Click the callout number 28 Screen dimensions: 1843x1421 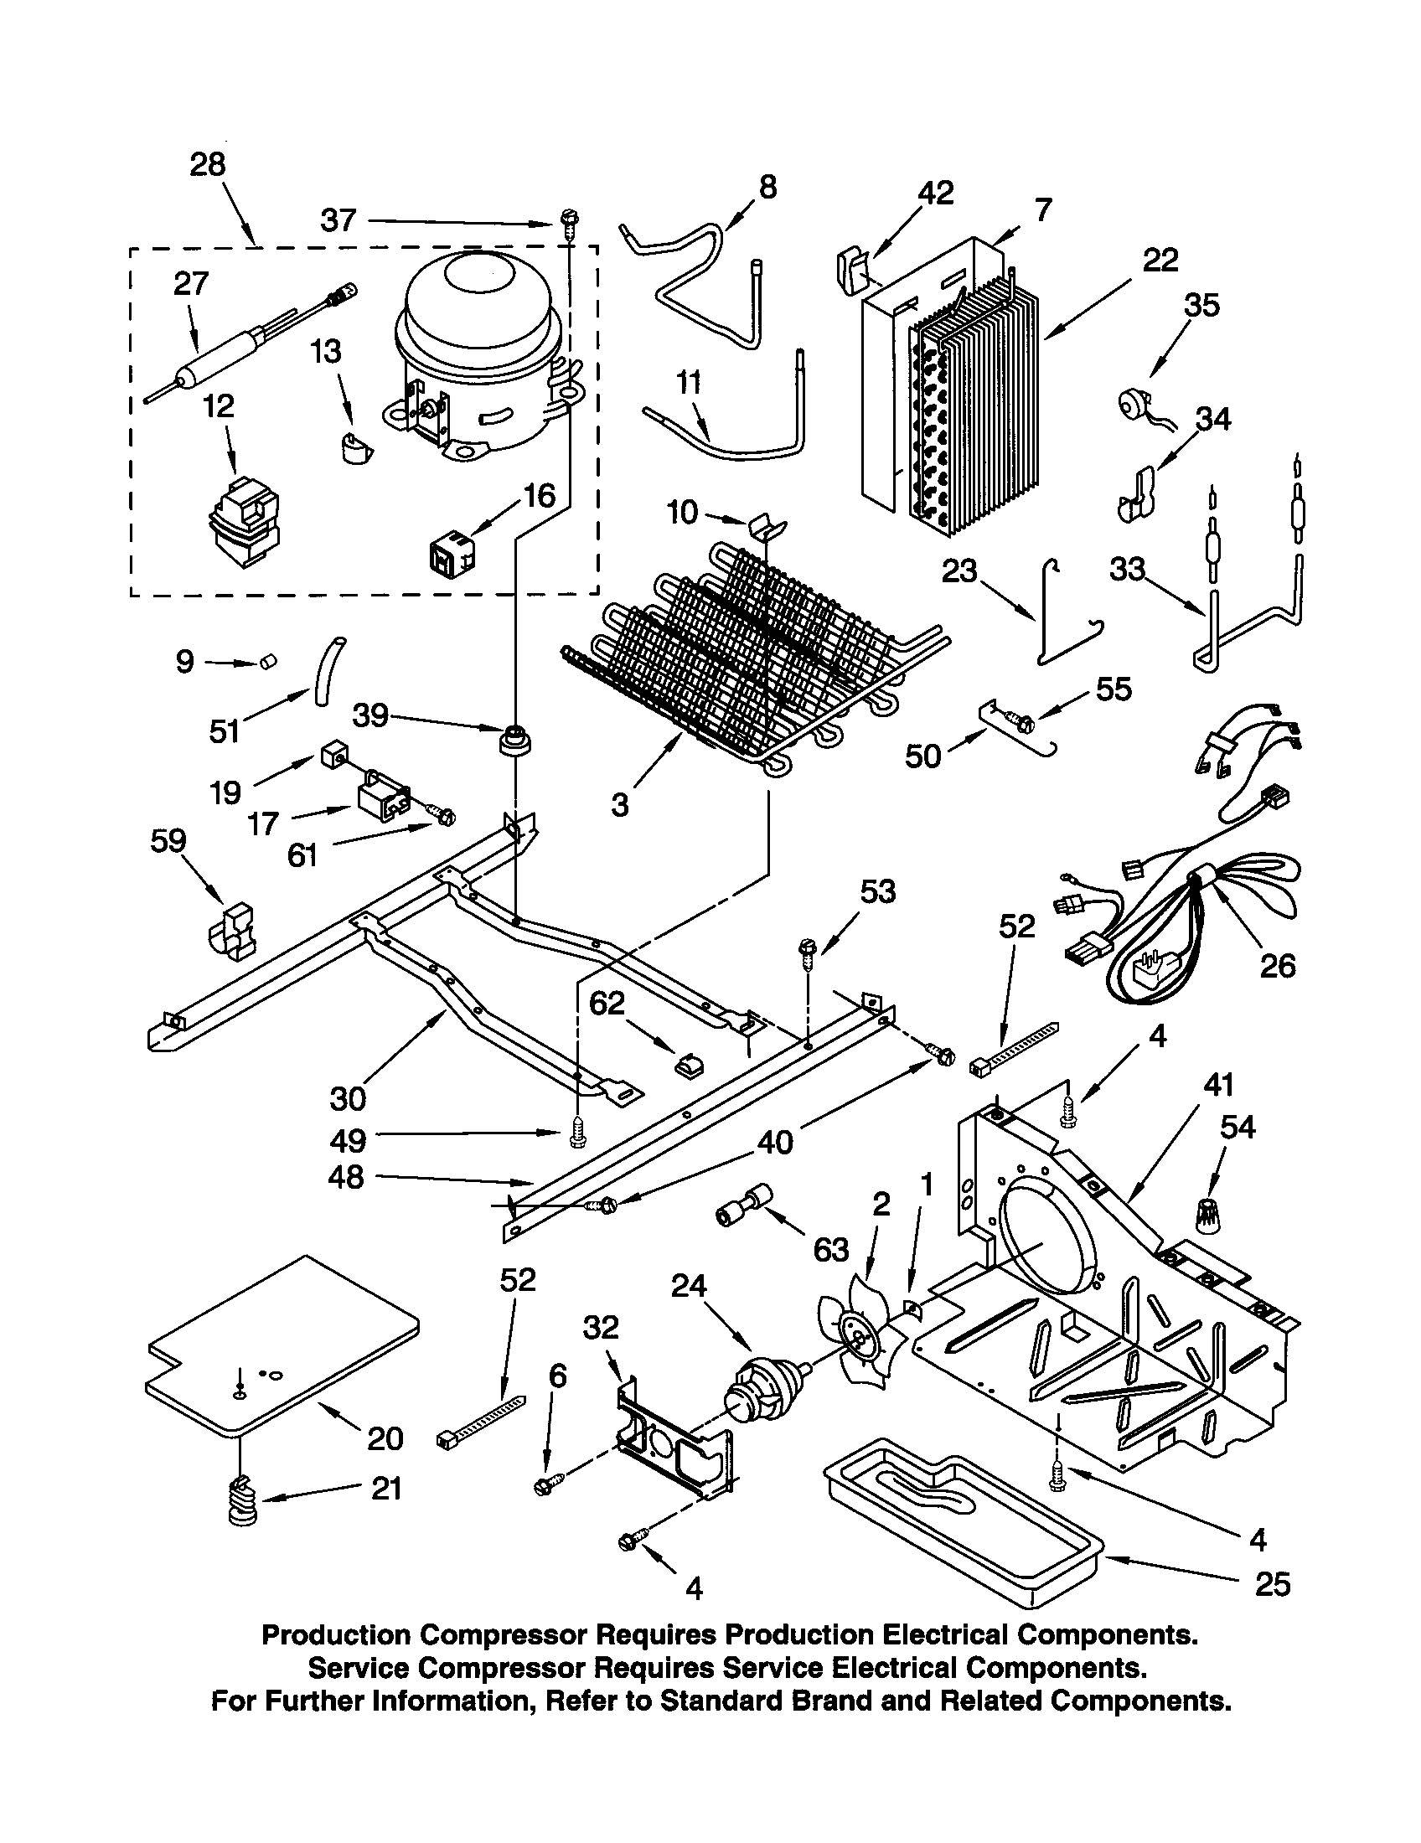[208, 163]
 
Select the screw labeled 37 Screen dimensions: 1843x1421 [567, 225]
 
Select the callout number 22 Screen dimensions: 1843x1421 [1160, 260]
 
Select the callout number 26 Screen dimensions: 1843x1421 [1277, 965]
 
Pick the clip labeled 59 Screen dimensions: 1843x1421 [230, 932]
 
